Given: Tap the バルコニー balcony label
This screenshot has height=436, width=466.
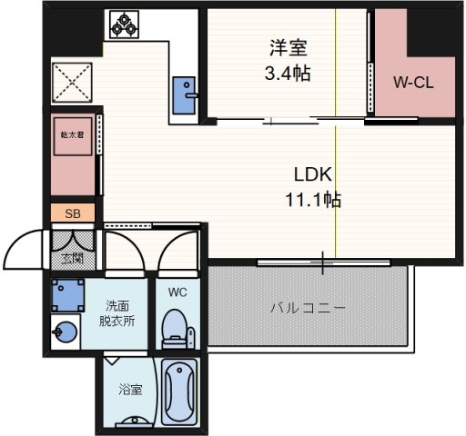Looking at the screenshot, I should (308, 308).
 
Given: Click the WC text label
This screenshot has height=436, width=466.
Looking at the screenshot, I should (177, 292).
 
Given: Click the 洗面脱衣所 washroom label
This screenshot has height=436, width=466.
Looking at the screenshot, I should (118, 312).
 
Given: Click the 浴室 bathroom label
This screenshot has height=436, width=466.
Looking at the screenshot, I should (130, 390).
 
